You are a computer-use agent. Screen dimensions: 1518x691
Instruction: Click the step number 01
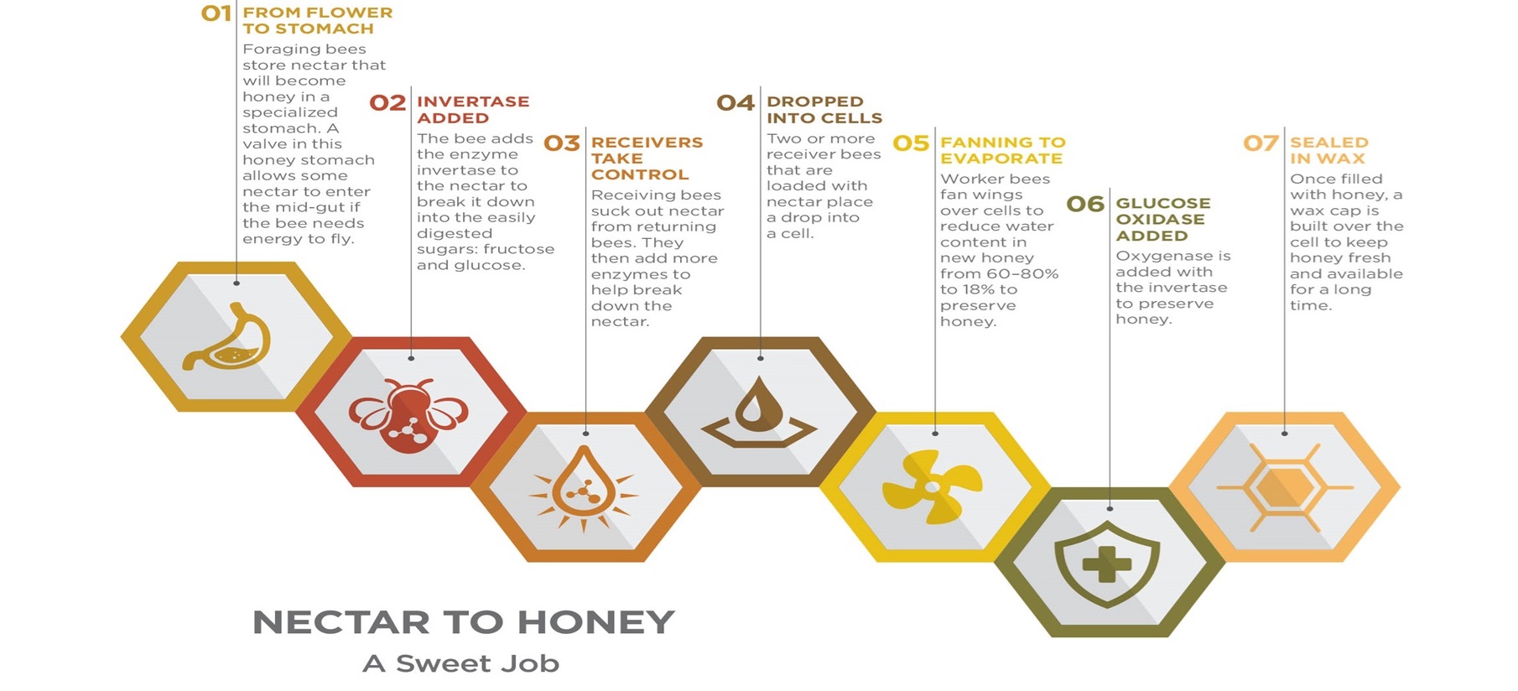(x=216, y=13)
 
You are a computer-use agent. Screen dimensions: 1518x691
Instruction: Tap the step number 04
(x=736, y=103)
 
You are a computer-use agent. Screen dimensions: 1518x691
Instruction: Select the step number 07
(x=1261, y=143)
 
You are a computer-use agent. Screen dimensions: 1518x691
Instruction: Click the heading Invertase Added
(x=473, y=110)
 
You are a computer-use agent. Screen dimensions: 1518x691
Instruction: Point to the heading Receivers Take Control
(x=647, y=158)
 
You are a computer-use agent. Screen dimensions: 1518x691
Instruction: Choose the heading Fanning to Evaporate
(x=1003, y=150)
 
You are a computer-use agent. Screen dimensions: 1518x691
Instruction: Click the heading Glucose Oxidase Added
(x=1163, y=219)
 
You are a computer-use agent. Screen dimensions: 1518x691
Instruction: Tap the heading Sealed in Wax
(x=1329, y=150)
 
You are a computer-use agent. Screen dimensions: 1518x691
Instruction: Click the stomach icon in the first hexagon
(x=227, y=337)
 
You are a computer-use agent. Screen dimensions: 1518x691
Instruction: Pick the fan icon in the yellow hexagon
(x=932, y=486)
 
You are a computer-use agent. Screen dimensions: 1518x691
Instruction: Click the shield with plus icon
(x=1107, y=564)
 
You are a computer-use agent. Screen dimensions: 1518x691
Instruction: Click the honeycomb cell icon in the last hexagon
(x=1284, y=487)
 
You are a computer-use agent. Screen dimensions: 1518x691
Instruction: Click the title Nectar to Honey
(x=464, y=622)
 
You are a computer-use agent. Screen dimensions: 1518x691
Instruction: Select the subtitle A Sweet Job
(x=460, y=663)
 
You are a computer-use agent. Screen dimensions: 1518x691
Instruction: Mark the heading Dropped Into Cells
(x=824, y=110)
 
